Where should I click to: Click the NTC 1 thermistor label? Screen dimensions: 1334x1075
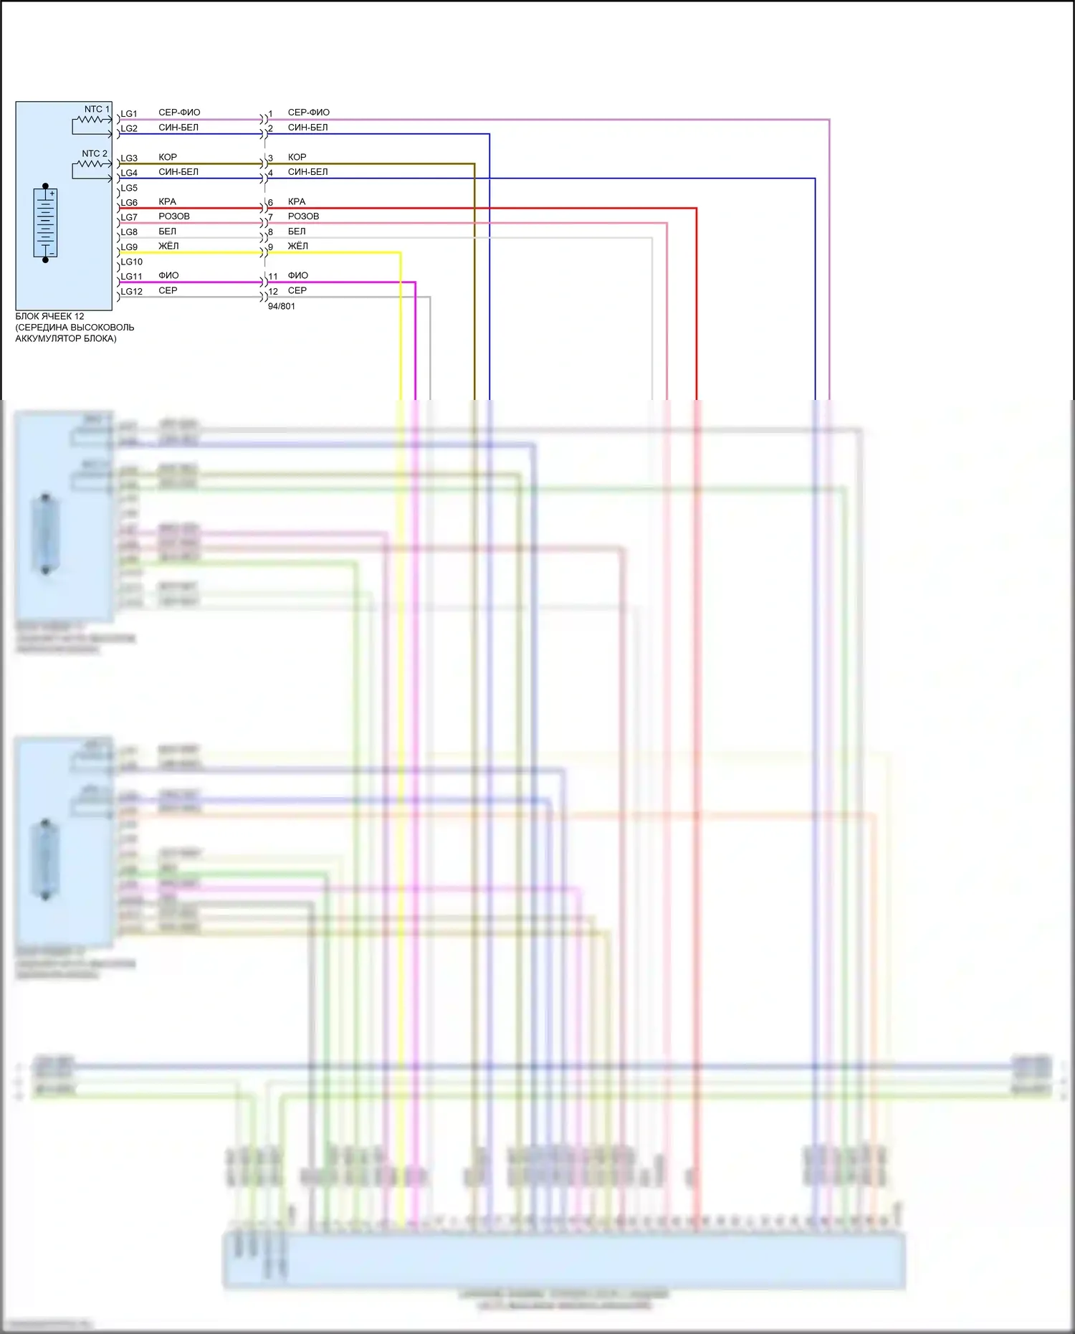click(97, 110)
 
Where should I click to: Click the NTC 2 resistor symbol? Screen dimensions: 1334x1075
click(91, 164)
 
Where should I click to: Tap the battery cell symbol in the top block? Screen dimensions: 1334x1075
click(45, 222)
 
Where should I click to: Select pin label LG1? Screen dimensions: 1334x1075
click(129, 114)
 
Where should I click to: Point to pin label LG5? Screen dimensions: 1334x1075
click(129, 188)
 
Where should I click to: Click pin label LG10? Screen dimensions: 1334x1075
click(131, 262)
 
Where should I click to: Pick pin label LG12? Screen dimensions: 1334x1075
click(131, 292)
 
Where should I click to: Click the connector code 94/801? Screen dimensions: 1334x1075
click(281, 306)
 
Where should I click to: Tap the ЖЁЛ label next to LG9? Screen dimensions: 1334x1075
click(168, 246)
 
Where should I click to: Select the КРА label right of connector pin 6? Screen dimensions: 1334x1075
click(297, 201)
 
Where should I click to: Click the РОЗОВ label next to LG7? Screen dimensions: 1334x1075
click(174, 216)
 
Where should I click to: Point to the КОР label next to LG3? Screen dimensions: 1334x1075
click(168, 157)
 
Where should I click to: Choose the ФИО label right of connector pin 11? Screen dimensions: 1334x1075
click(298, 275)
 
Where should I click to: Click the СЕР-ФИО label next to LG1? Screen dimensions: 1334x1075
click(179, 113)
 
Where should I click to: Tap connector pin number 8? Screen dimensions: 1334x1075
click(271, 232)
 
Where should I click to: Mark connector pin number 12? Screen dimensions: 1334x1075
click(273, 292)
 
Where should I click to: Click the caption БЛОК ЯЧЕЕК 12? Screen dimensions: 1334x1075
click(49, 316)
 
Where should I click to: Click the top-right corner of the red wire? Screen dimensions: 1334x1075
click(696, 209)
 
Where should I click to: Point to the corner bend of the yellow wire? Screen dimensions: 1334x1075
click(400, 253)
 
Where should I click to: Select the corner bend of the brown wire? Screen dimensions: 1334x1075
click(474, 164)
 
